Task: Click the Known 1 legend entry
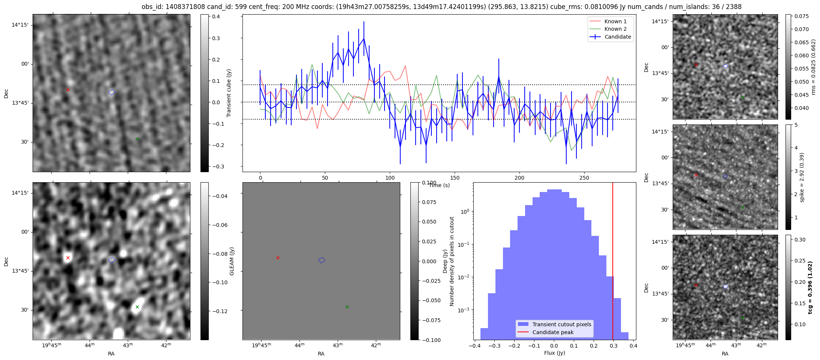615,21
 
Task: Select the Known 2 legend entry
615,29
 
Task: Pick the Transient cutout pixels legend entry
561,324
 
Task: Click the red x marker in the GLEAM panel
68,258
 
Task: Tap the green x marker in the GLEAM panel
137,307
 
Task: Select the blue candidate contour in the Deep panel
322,260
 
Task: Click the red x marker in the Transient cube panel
68,90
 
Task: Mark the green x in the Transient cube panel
137,139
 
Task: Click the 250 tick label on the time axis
584,178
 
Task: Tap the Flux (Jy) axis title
554,353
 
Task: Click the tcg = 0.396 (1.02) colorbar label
810,288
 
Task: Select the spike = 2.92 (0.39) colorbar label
802,177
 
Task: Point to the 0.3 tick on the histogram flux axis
614,346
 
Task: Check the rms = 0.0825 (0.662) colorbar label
813,67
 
